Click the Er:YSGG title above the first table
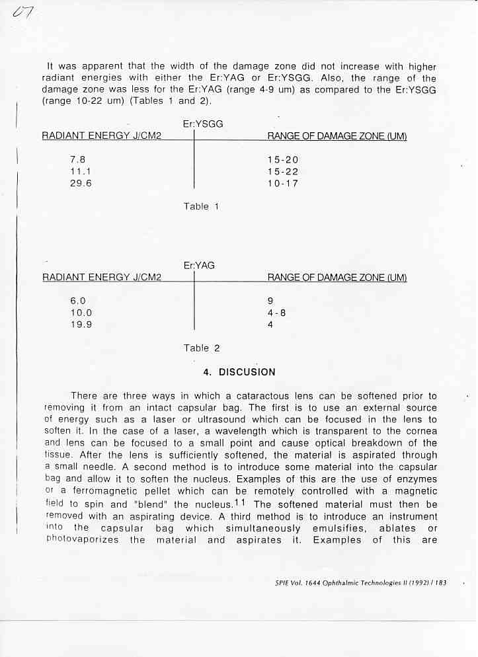pyautogui.click(x=202, y=124)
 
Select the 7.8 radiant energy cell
pyautogui.click(x=77, y=159)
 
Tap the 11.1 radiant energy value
pyautogui.click(x=80, y=171)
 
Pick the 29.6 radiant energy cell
pyautogui.click(x=81, y=183)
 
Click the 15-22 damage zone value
pyautogui.click(x=283, y=171)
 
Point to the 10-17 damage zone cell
pyautogui.click(x=283, y=183)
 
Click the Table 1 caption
pyautogui.click(x=201, y=206)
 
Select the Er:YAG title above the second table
pyautogui.click(x=199, y=265)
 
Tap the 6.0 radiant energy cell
pyautogui.click(x=78, y=301)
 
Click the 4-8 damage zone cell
pyautogui.click(x=276, y=313)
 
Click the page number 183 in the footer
pyautogui.click(x=440, y=583)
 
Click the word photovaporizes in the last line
pyautogui.click(x=83, y=539)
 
